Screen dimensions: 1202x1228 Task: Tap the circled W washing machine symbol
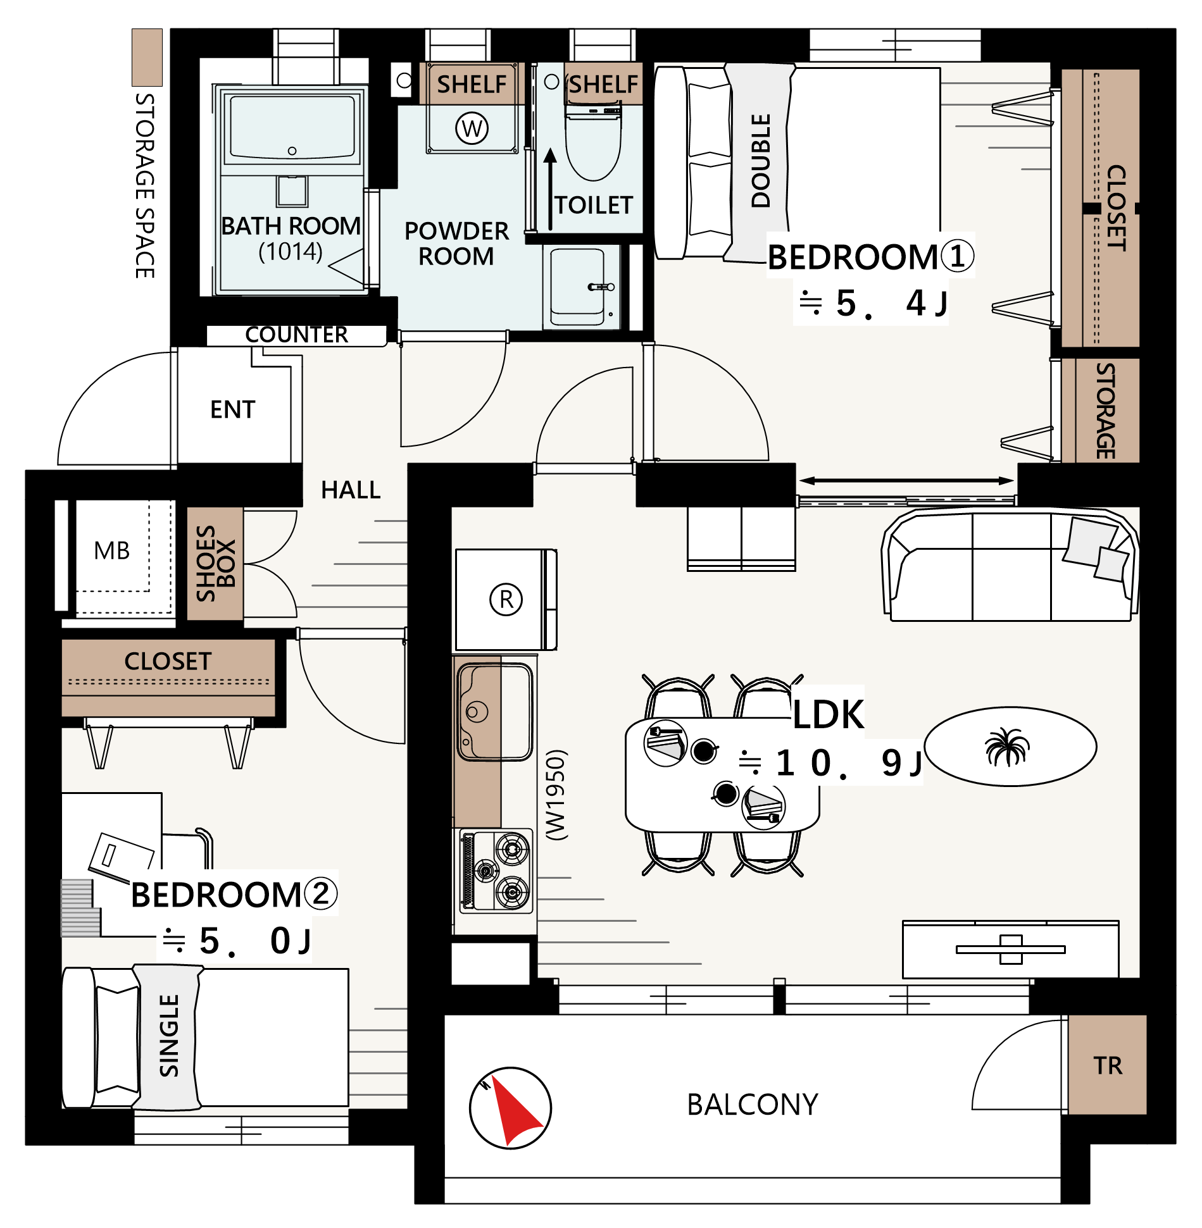click(472, 128)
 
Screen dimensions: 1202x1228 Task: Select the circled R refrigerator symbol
click(506, 599)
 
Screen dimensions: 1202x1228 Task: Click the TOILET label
click(594, 205)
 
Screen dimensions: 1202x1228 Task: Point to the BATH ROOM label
click(291, 226)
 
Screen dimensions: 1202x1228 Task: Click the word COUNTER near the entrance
click(296, 335)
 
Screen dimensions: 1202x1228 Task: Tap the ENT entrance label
click(233, 409)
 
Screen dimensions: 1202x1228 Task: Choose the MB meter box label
click(112, 550)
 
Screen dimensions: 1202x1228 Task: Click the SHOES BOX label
click(216, 564)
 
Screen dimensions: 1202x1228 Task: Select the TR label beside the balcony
click(1108, 1065)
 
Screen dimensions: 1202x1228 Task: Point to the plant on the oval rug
click(1007, 747)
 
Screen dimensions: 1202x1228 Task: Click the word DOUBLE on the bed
click(761, 161)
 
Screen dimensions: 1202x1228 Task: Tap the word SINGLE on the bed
click(169, 1036)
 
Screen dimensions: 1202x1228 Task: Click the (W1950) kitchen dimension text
click(556, 795)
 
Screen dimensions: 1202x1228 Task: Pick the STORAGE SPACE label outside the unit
click(145, 186)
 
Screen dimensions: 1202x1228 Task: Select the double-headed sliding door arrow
click(906, 481)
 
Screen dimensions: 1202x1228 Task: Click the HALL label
click(351, 490)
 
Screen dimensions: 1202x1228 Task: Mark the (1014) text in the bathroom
click(291, 251)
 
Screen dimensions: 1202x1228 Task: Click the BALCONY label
click(753, 1105)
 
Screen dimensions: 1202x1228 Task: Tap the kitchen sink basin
click(495, 711)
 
